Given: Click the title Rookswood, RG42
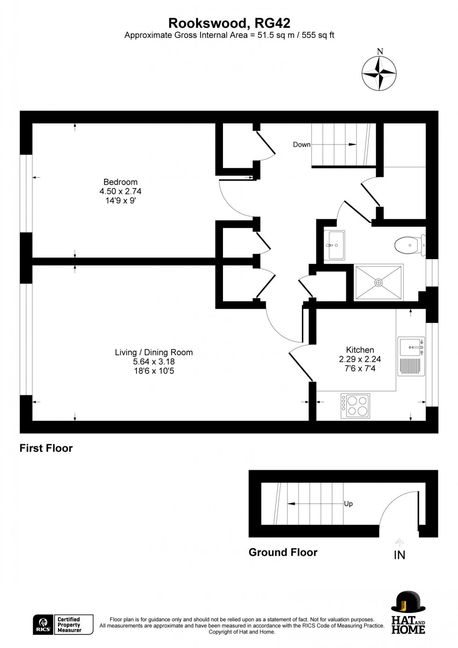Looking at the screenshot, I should click(229, 23).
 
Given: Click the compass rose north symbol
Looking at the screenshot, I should click(379, 73).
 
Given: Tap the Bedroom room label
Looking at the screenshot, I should click(120, 182).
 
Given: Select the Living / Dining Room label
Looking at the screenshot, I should click(154, 352).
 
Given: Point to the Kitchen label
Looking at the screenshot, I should click(360, 350).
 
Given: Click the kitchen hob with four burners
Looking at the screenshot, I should click(355, 405).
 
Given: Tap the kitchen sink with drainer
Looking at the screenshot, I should click(411, 356).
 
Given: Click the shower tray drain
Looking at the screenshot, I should click(379, 282).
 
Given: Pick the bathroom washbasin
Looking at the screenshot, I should click(334, 245).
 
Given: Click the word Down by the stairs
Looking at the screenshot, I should click(301, 144).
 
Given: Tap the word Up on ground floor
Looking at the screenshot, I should click(348, 504).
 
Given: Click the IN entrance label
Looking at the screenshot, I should click(400, 555).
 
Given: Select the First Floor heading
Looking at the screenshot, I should click(46, 448).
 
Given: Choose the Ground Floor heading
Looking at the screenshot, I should click(283, 552).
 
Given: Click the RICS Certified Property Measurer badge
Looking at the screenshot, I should click(63, 625).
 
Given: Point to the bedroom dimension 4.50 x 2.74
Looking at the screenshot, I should click(120, 191).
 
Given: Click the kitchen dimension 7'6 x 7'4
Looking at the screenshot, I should click(360, 368).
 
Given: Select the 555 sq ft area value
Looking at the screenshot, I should click(318, 35).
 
